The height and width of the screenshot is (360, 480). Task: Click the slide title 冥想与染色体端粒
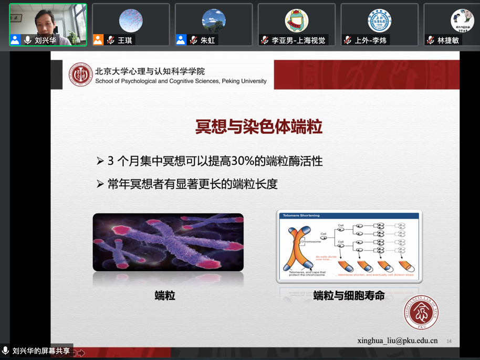tap(258, 127)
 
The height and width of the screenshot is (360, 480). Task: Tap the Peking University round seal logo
tap(81, 75)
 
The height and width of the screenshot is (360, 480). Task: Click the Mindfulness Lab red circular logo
tap(421, 313)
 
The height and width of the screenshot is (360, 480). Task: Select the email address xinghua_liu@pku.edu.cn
tap(397, 341)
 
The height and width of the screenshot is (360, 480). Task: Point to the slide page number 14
tap(449, 341)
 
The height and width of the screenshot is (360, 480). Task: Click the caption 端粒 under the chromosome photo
tap(165, 296)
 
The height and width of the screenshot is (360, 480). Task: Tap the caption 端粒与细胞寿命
tap(349, 296)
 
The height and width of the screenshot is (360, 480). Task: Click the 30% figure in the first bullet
tap(232, 161)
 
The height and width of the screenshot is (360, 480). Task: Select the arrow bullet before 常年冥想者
tap(100, 184)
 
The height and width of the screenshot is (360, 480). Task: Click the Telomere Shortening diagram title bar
tap(349, 216)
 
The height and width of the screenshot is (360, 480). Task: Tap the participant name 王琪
tap(125, 40)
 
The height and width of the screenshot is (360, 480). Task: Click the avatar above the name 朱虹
tap(214, 20)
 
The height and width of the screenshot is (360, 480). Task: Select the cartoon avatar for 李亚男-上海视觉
tap(297, 20)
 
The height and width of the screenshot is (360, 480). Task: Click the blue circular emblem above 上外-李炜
tap(379, 20)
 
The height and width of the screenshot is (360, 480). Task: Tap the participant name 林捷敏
tap(448, 40)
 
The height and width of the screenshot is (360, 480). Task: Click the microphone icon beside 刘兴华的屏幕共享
tap(6, 351)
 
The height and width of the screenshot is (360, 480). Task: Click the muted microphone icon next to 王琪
tap(111, 40)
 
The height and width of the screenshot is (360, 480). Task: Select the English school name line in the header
tap(181, 81)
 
